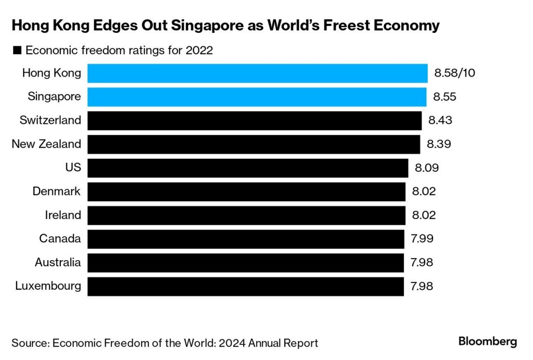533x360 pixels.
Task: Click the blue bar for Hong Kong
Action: pos(257,73)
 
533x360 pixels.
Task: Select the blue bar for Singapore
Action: pos(257,97)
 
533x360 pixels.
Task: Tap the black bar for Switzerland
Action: pos(254,121)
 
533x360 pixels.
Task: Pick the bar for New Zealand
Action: pos(253,144)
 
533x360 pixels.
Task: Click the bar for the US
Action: pos(247,168)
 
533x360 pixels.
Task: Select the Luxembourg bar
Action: pos(245,286)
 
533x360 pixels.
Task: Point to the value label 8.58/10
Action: pos(454,73)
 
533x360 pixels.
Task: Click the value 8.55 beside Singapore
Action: pos(446,97)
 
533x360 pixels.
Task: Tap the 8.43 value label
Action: pos(440,121)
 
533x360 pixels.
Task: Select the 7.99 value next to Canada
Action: pos(422,239)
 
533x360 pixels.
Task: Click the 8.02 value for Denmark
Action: pos(423,191)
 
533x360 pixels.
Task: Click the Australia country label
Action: pos(58,262)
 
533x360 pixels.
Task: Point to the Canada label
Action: pos(60,239)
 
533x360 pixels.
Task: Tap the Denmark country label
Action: pos(56,191)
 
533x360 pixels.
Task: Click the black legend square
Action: pos(17,51)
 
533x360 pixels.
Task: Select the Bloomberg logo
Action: pos(487,342)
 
